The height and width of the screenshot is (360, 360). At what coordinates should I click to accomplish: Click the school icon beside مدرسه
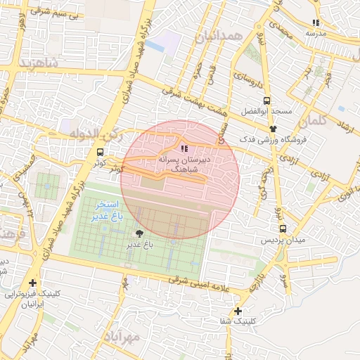coord(316,23)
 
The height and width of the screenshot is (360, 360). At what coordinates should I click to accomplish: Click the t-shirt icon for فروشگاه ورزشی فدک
coord(274,129)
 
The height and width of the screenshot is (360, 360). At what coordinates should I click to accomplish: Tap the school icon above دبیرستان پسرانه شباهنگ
coord(184,148)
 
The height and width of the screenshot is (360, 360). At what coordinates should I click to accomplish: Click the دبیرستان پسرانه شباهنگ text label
coord(185,164)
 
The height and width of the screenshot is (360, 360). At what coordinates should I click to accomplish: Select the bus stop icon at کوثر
coord(100,151)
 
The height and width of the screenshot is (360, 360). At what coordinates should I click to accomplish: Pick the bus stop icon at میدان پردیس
coord(283,229)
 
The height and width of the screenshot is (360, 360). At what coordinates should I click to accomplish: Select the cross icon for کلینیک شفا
coord(238,311)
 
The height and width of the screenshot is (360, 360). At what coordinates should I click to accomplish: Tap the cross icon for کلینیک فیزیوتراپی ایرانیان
coord(32,283)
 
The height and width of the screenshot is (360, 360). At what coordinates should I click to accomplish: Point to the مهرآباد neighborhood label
coord(126,337)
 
